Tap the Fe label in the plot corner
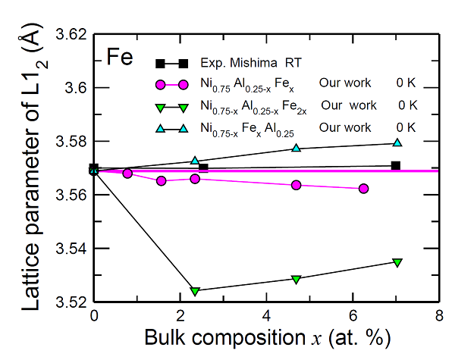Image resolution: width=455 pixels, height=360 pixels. [x=121, y=57]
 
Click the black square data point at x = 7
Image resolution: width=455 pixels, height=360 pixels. [x=396, y=165]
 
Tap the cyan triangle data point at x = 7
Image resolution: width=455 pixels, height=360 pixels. [x=397, y=142]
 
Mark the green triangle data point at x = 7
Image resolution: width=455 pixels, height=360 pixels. [x=397, y=262]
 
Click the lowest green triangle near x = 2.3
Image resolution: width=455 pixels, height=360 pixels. [x=196, y=291]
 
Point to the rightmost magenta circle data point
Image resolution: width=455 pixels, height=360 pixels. [x=364, y=189]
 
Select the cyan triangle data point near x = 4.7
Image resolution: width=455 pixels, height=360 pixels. [x=297, y=148]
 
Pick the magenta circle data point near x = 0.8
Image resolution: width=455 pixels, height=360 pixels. [x=127, y=174]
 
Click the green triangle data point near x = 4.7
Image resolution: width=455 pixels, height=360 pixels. [x=297, y=279]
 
